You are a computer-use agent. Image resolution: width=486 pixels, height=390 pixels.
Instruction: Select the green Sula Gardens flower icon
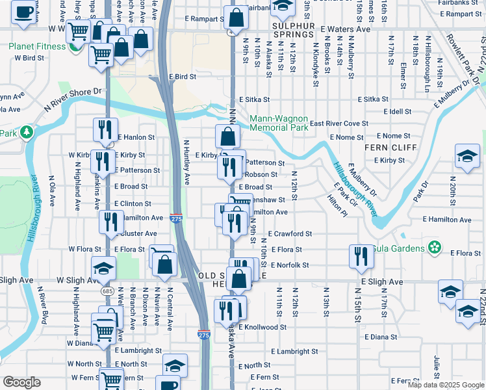pos(435,248)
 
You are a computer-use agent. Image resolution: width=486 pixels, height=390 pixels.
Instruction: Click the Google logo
pos(21,382)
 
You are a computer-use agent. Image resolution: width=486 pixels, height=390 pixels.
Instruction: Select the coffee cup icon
pos(23,12)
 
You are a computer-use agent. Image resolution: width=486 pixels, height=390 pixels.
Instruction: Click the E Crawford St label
pos(288,233)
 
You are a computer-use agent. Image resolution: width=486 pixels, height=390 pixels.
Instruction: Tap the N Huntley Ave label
pos(186,161)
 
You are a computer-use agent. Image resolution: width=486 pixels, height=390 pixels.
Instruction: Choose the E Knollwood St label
pos(262,328)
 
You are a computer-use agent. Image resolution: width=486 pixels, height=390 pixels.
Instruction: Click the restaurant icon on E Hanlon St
pos(104,130)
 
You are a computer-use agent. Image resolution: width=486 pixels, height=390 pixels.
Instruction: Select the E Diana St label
pos(381,337)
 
